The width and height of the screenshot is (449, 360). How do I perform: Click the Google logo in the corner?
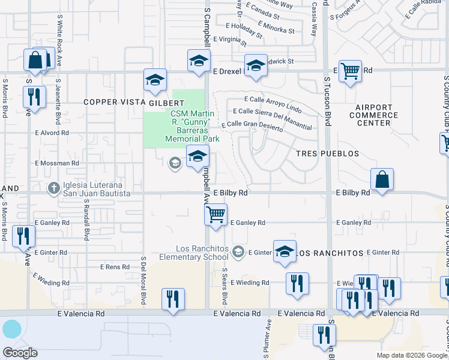[20, 353]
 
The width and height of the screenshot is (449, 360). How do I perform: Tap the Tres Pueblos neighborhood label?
[328, 154]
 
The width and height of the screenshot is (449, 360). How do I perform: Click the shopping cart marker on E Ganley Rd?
[215, 215]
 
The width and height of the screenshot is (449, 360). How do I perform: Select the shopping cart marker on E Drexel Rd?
[350, 71]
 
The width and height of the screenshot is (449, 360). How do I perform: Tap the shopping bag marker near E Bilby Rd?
[382, 179]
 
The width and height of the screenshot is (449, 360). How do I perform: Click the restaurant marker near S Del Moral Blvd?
[173, 299]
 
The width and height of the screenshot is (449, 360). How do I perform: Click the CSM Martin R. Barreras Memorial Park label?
[194, 126]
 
